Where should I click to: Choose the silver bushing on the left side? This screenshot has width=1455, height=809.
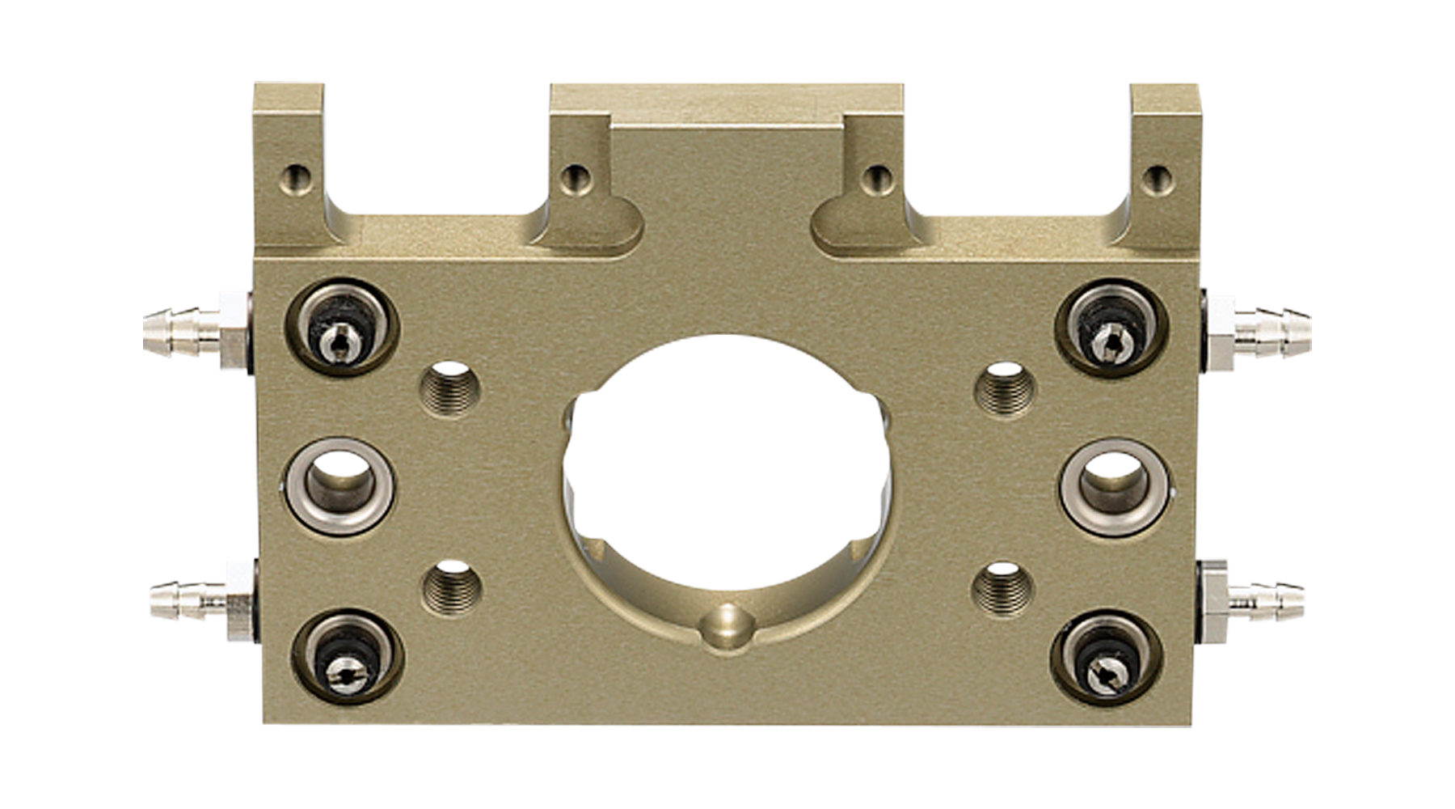339,486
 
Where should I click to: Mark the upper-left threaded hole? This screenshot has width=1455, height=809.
449,388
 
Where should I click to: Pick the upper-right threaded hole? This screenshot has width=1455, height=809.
1004,389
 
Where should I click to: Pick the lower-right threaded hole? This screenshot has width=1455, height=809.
1002,587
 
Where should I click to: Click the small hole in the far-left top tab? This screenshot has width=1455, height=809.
297,178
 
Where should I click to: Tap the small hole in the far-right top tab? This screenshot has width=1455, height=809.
1158,179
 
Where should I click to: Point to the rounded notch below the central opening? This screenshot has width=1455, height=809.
727,626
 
